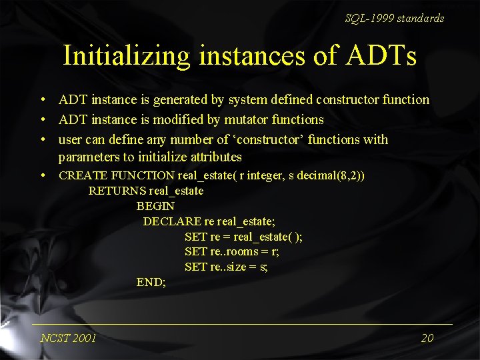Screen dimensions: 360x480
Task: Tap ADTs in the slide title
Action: (383, 55)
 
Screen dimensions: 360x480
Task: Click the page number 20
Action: (427, 338)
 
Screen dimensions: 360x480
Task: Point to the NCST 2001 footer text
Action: (68, 338)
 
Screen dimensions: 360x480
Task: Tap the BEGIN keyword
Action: (155, 207)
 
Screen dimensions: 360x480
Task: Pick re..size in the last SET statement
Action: (228, 267)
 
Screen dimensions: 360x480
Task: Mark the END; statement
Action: (151, 283)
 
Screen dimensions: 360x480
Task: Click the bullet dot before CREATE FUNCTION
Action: (42, 176)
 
